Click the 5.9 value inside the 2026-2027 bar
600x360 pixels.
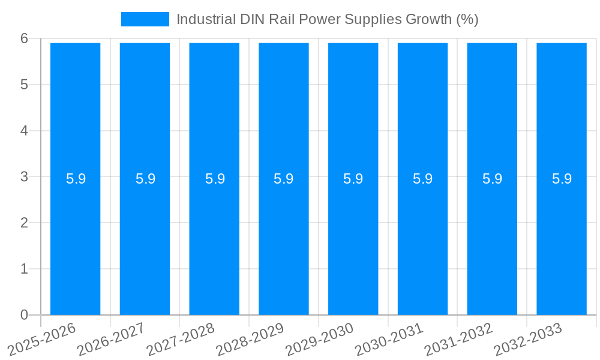click(x=145, y=179)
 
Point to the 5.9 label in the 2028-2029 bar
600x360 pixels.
click(x=283, y=179)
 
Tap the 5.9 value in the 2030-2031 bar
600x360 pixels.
click(x=422, y=179)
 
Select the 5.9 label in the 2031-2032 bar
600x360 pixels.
click(x=492, y=179)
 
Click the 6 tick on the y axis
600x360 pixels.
click(x=24, y=38)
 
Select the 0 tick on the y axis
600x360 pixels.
click(x=24, y=315)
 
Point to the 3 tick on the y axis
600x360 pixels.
click(x=24, y=177)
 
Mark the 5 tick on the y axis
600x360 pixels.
click(x=24, y=85)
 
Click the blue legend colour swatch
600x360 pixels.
click(x=145, y=19)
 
